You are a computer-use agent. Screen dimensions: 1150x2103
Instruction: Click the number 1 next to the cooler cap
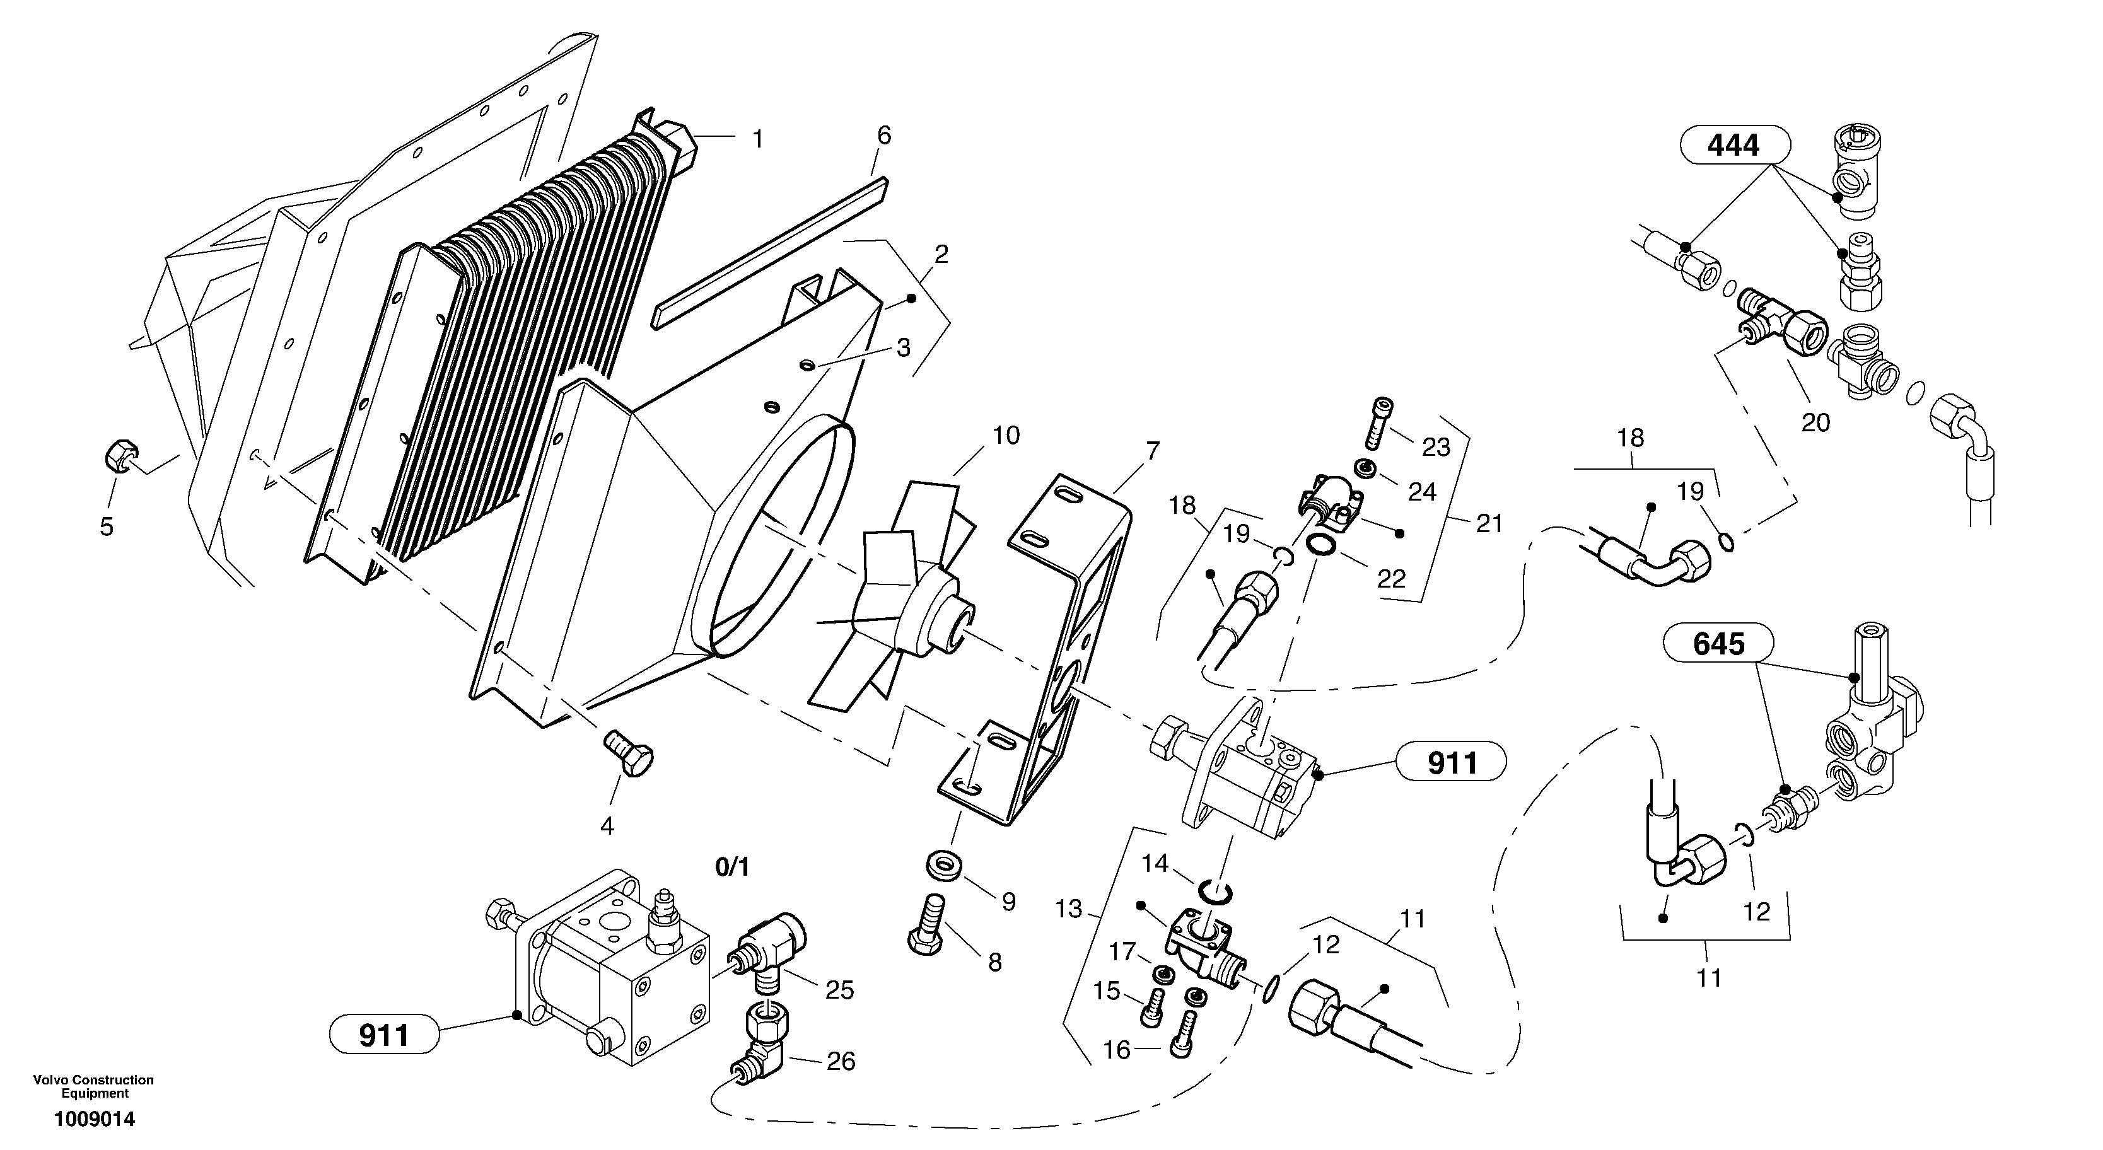pos(757,139)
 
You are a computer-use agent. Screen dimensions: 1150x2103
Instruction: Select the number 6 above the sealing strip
pos(884,136)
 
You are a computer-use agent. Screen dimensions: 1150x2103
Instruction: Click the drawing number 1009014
pos(95,1119)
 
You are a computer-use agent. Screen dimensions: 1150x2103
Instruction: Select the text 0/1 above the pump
pos(731,868)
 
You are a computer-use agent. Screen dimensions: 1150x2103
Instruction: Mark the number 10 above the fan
pos(1006,436)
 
